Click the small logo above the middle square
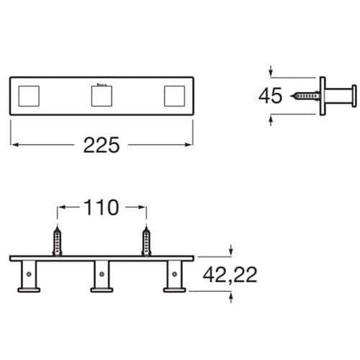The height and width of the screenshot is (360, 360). click(102, 83)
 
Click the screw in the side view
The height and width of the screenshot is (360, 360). click(307, 95)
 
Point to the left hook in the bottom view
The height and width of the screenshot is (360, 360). click(29, 276)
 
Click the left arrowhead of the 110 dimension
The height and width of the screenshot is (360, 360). click(60, 209)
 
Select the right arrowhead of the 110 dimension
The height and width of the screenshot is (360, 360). click(144, 209)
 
